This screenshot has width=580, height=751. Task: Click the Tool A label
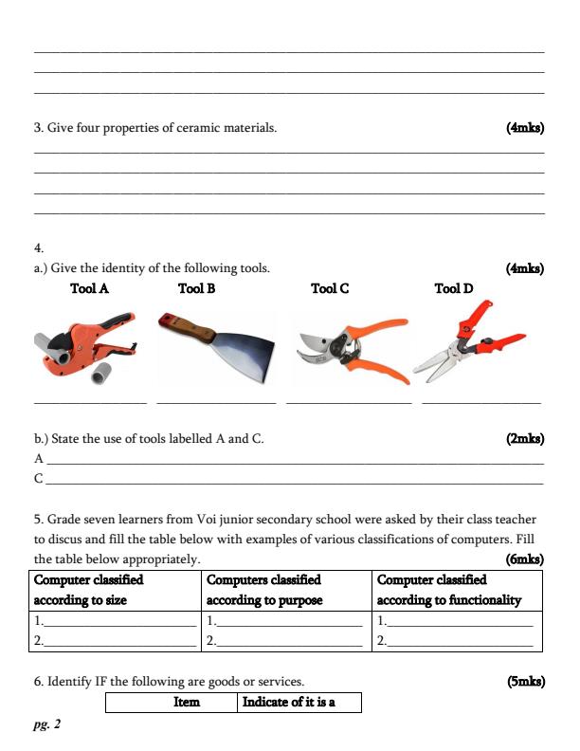click(x=89, y=288)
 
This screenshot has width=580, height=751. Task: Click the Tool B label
click(x=196, y=288)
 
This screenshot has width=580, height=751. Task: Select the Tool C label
click(x=330, y=288)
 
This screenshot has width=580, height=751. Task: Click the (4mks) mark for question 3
click(x=525, y=127)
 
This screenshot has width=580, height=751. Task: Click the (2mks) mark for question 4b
click(x=525, y=438)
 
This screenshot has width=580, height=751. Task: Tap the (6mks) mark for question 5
click(x=525, y=559)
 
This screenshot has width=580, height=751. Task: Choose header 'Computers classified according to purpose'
click(x=264, y=590)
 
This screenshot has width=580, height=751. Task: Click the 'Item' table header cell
click(x=187, y=703)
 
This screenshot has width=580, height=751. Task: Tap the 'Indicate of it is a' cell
click(x=289, y=703)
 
